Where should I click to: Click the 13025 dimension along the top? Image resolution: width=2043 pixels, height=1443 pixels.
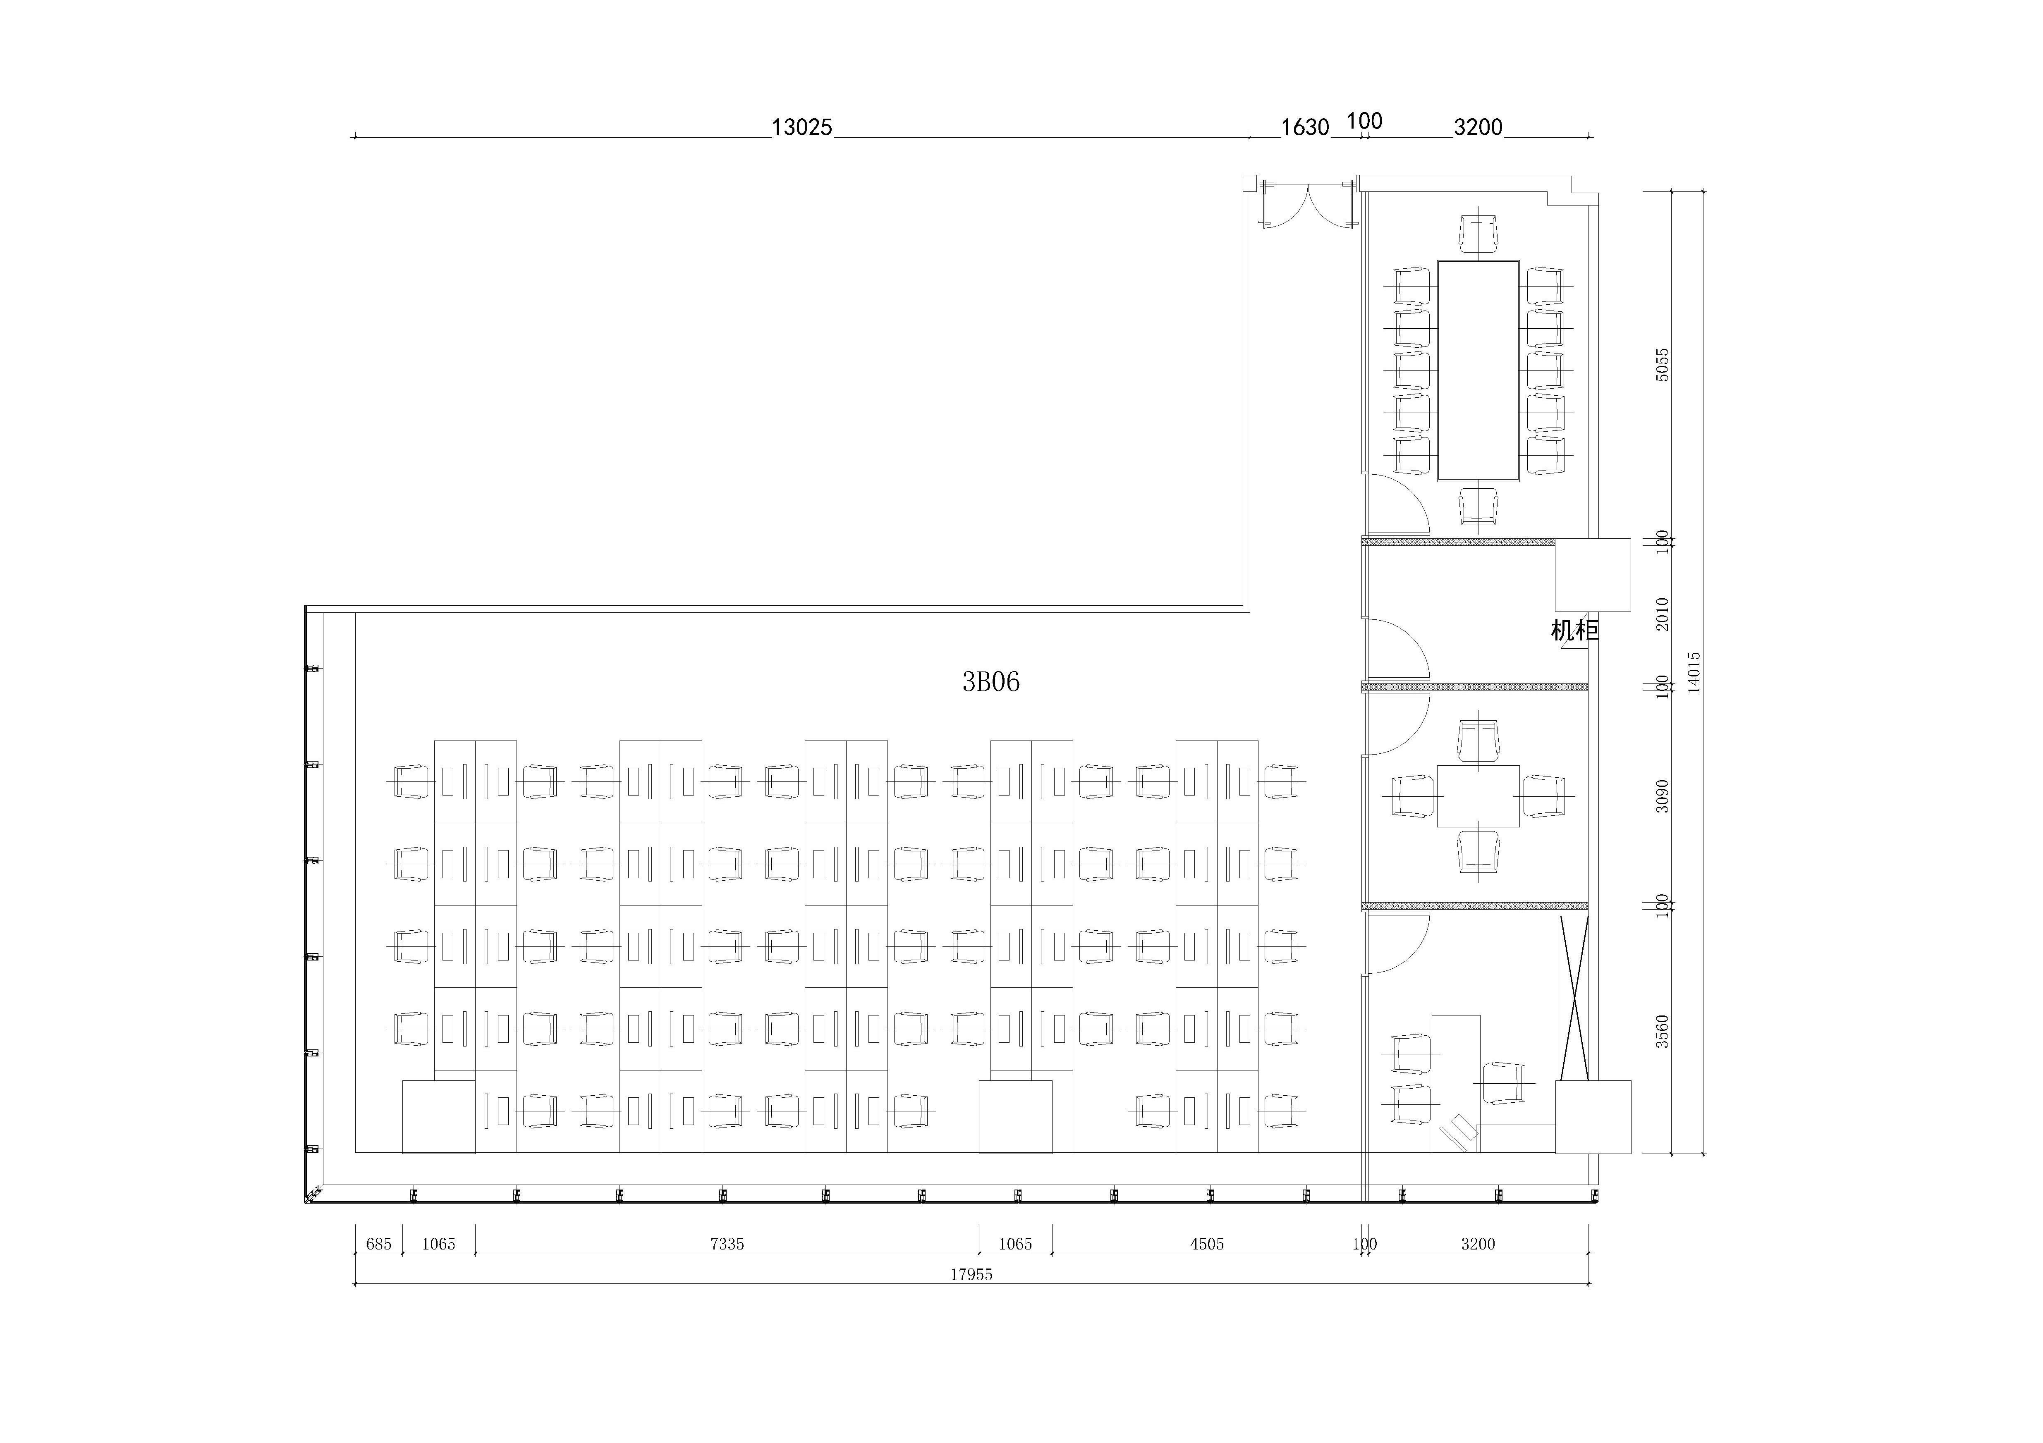[802, 127]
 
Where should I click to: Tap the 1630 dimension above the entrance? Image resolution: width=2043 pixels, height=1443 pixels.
[1304, 127]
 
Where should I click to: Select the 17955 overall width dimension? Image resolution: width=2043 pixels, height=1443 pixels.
[971, 1274]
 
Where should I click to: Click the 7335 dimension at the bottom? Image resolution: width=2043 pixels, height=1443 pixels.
[727, 1244]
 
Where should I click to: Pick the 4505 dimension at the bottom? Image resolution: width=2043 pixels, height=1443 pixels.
[1207, 1244]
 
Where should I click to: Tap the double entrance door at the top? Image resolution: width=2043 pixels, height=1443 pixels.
[1308, 206]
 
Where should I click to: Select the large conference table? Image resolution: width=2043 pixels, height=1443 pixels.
[1478, 370]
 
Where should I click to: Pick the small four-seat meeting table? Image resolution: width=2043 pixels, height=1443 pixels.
[1478, 796]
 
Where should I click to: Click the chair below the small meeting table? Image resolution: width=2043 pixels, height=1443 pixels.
[1478, 851]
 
